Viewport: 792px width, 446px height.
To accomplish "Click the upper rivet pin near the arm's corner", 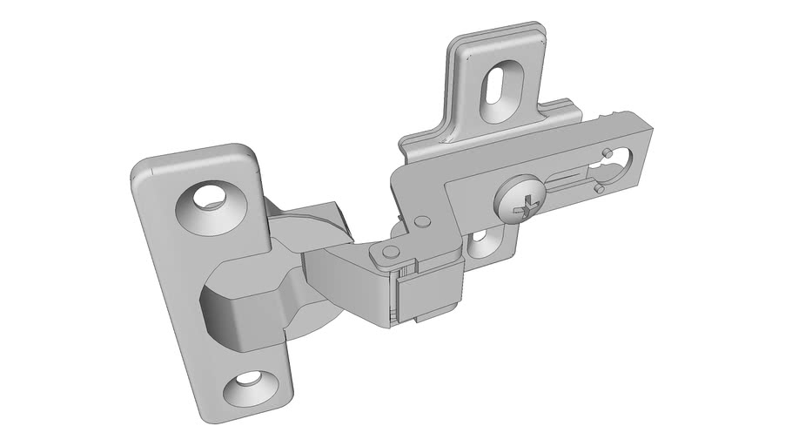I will (422, 223).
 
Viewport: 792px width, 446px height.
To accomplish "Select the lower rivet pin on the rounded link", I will (389, 252).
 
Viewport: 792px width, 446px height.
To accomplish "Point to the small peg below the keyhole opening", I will (600, 188).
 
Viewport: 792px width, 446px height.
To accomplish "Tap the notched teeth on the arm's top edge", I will (614, 116).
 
